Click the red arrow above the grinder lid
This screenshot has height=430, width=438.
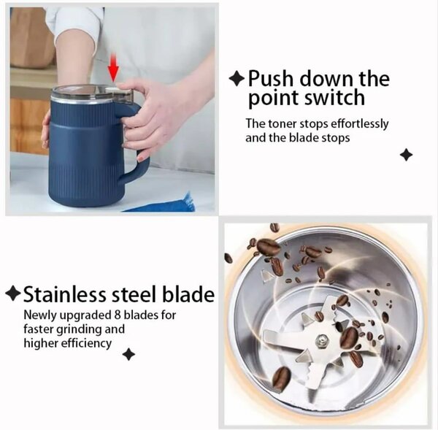[113, 70]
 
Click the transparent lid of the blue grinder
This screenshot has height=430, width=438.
[84, 91]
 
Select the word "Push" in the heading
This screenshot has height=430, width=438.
[271, 78]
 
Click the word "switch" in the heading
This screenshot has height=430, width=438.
[337, 98]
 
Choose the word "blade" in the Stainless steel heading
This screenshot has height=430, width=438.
[188, 295]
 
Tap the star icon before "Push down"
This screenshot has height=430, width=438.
[237, 78]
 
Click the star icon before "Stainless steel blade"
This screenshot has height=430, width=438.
[12, 294]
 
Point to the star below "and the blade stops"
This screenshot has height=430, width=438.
[407, 155]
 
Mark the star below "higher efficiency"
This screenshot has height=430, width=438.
[128, 355]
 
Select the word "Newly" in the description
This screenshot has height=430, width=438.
[40, 316]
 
